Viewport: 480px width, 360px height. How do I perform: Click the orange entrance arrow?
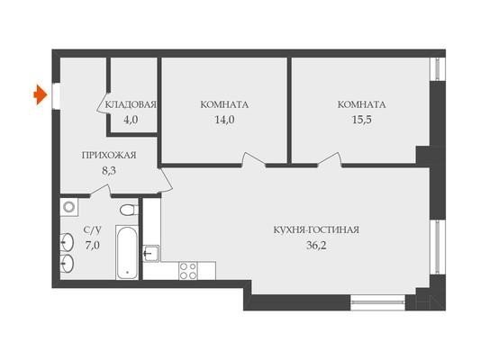point(41,94)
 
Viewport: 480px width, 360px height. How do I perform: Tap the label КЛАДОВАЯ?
point(131,104)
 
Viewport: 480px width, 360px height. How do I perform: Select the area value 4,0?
point(131,120)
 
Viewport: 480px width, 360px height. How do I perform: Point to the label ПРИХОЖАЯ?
point(109,156)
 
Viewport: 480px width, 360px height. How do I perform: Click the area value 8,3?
point(109,170)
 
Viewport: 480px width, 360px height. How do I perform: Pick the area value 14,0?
point(225,120)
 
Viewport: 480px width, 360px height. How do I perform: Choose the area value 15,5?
point(362,120)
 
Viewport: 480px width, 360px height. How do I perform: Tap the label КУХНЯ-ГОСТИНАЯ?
point(316,230)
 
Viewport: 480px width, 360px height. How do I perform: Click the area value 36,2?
point(316,246)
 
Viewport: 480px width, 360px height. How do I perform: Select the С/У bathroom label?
point(93,230)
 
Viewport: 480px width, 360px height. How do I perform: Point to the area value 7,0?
point(93,246)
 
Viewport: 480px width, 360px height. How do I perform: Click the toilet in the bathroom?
point(129,210)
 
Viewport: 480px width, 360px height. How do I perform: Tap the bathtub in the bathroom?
point(127,252)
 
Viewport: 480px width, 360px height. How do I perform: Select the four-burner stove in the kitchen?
point(188,271)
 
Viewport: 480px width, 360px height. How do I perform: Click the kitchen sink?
point(151,254)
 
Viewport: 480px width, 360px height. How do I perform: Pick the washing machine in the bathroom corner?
point(68,207)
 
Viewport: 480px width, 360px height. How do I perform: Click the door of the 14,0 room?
point(254,159)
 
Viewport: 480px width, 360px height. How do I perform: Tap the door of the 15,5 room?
point(330,159)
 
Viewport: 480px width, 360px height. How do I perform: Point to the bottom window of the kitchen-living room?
point(377,302)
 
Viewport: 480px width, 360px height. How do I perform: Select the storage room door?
point(104,103)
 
